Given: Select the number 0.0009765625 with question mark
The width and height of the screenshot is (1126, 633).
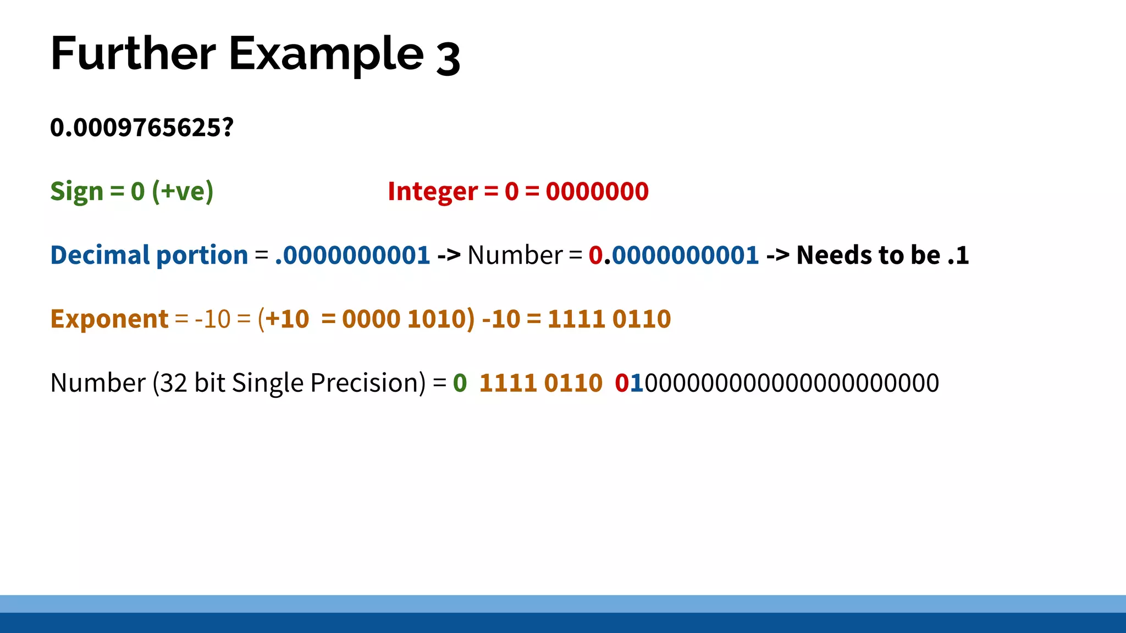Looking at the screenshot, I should (142, 127).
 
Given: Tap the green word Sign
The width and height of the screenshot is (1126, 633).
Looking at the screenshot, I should (76, 192).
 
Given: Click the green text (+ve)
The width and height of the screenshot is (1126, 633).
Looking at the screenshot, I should (183, 192).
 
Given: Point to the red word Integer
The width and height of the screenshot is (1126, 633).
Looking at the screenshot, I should (433, 192).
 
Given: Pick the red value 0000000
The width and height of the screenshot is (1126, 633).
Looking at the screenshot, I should (597, 192).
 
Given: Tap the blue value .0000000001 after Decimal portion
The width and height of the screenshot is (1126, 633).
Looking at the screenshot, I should (352, 256).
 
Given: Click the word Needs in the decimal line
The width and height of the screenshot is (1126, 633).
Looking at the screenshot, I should (834, 256).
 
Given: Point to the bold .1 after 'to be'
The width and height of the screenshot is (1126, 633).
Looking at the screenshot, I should (958, 256).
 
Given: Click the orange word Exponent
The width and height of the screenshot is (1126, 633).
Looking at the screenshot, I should (109, 319).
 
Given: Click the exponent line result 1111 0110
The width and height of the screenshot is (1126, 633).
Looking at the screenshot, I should (609, 319).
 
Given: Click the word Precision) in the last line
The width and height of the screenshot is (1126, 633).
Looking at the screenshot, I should (368, 383).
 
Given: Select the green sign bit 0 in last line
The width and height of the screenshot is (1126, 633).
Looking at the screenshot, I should (460, 383).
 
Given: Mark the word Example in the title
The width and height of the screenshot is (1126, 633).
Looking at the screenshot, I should (326, 54).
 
